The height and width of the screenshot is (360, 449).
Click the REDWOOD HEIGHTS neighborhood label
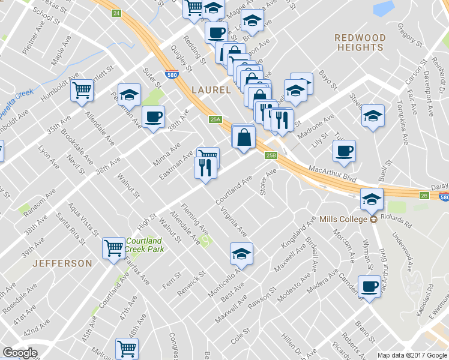[360, 42]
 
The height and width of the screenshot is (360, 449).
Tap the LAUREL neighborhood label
[211, 90]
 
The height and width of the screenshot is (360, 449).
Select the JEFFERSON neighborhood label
[62, 263]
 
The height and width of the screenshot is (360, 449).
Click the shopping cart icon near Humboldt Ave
[82, 91]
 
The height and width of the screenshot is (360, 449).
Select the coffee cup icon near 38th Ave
[153, 117]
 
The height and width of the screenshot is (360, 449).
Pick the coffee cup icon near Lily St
[344, 151]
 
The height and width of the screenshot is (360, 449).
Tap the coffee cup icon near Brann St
[369, 287]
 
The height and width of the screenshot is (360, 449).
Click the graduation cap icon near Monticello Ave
[241, 254]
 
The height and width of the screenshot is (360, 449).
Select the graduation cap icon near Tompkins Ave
[373, 116]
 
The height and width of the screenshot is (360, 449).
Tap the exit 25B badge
[271, 156]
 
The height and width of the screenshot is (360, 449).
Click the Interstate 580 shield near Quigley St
[171, 75]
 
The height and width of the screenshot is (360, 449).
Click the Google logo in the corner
[20, 352]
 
